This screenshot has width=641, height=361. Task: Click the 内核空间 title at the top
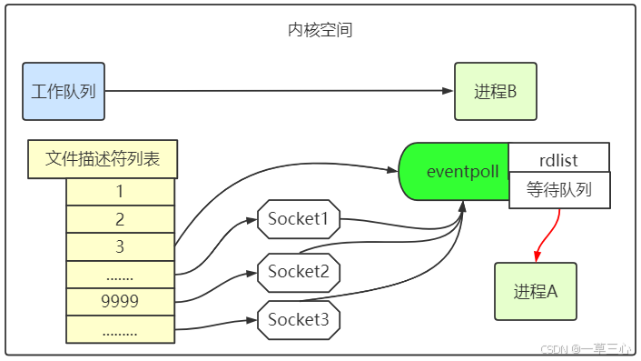[x=320, y=30]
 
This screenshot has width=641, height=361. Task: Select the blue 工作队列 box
[x=64, y=91]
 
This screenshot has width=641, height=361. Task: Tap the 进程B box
[x=495, y=91]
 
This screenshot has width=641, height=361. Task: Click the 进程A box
[x=535, y=291]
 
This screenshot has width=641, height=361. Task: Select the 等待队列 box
[x=558, y=190]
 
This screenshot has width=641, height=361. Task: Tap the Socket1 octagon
[x=299, y=219]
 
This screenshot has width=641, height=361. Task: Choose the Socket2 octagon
[x=299, y=270]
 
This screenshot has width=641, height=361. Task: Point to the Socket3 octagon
[x=299, y=319]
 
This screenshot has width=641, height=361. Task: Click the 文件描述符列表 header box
[x=102, y=159]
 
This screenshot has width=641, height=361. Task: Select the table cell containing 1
[x=120, y=192]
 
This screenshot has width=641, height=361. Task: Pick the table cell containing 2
[x=120, y=219]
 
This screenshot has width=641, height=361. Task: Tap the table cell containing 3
[x=120, y=246]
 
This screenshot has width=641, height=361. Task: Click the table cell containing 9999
[x=120, y=300]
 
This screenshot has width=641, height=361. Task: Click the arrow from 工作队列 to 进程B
[x=272, y=91]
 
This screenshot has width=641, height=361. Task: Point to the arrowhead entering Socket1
[x=251, y=220]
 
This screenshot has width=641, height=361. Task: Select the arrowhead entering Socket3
[x=251, y=320]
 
